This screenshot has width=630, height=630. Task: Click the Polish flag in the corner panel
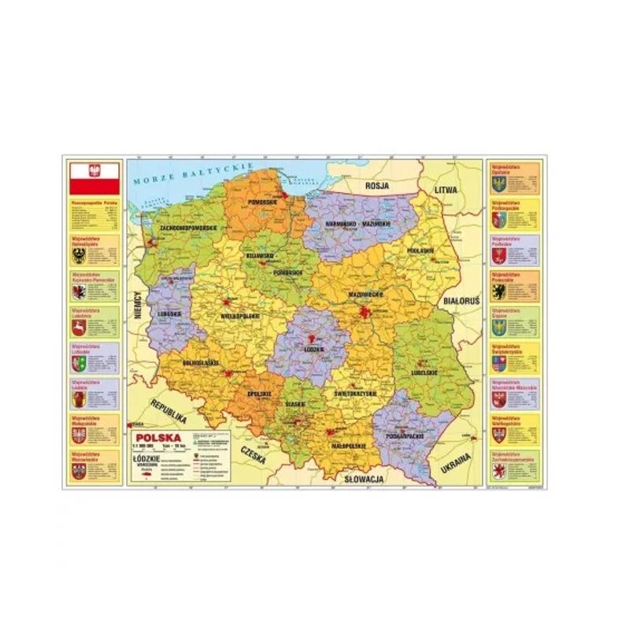tap(94, 179)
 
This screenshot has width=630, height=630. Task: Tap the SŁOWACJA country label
tap(363, 479)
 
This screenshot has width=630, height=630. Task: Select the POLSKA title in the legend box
tap(157, 438)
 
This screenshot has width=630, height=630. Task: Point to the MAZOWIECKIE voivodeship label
tap(365, 295)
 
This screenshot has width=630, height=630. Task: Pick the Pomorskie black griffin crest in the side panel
tap(497, 291)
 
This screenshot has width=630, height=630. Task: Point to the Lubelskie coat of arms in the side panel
tap(78, 327)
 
